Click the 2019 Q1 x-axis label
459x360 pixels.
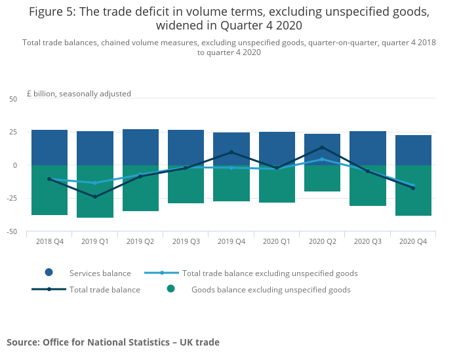[x=95, y=241]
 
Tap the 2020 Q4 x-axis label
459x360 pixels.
[x=413, y=241]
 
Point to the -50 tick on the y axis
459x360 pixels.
[x=13, y=231]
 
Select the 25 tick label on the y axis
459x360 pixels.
[x=13, y=132]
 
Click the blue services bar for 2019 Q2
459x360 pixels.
[x=140, y=147]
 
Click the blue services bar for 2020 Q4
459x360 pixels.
[x=413, y=150]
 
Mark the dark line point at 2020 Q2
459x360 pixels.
[x=322, y=147]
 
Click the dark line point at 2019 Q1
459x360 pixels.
[x=95, y=197]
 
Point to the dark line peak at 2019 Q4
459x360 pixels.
[x=231, y=152]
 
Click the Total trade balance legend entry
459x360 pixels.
[x=104, y=289]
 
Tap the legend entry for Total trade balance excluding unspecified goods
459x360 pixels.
[x=269, y=273]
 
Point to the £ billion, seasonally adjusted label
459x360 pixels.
[x=79, y=94]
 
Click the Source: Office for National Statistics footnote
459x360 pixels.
[x=113, y=342]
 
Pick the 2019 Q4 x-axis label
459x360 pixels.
[x=231, y=241]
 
